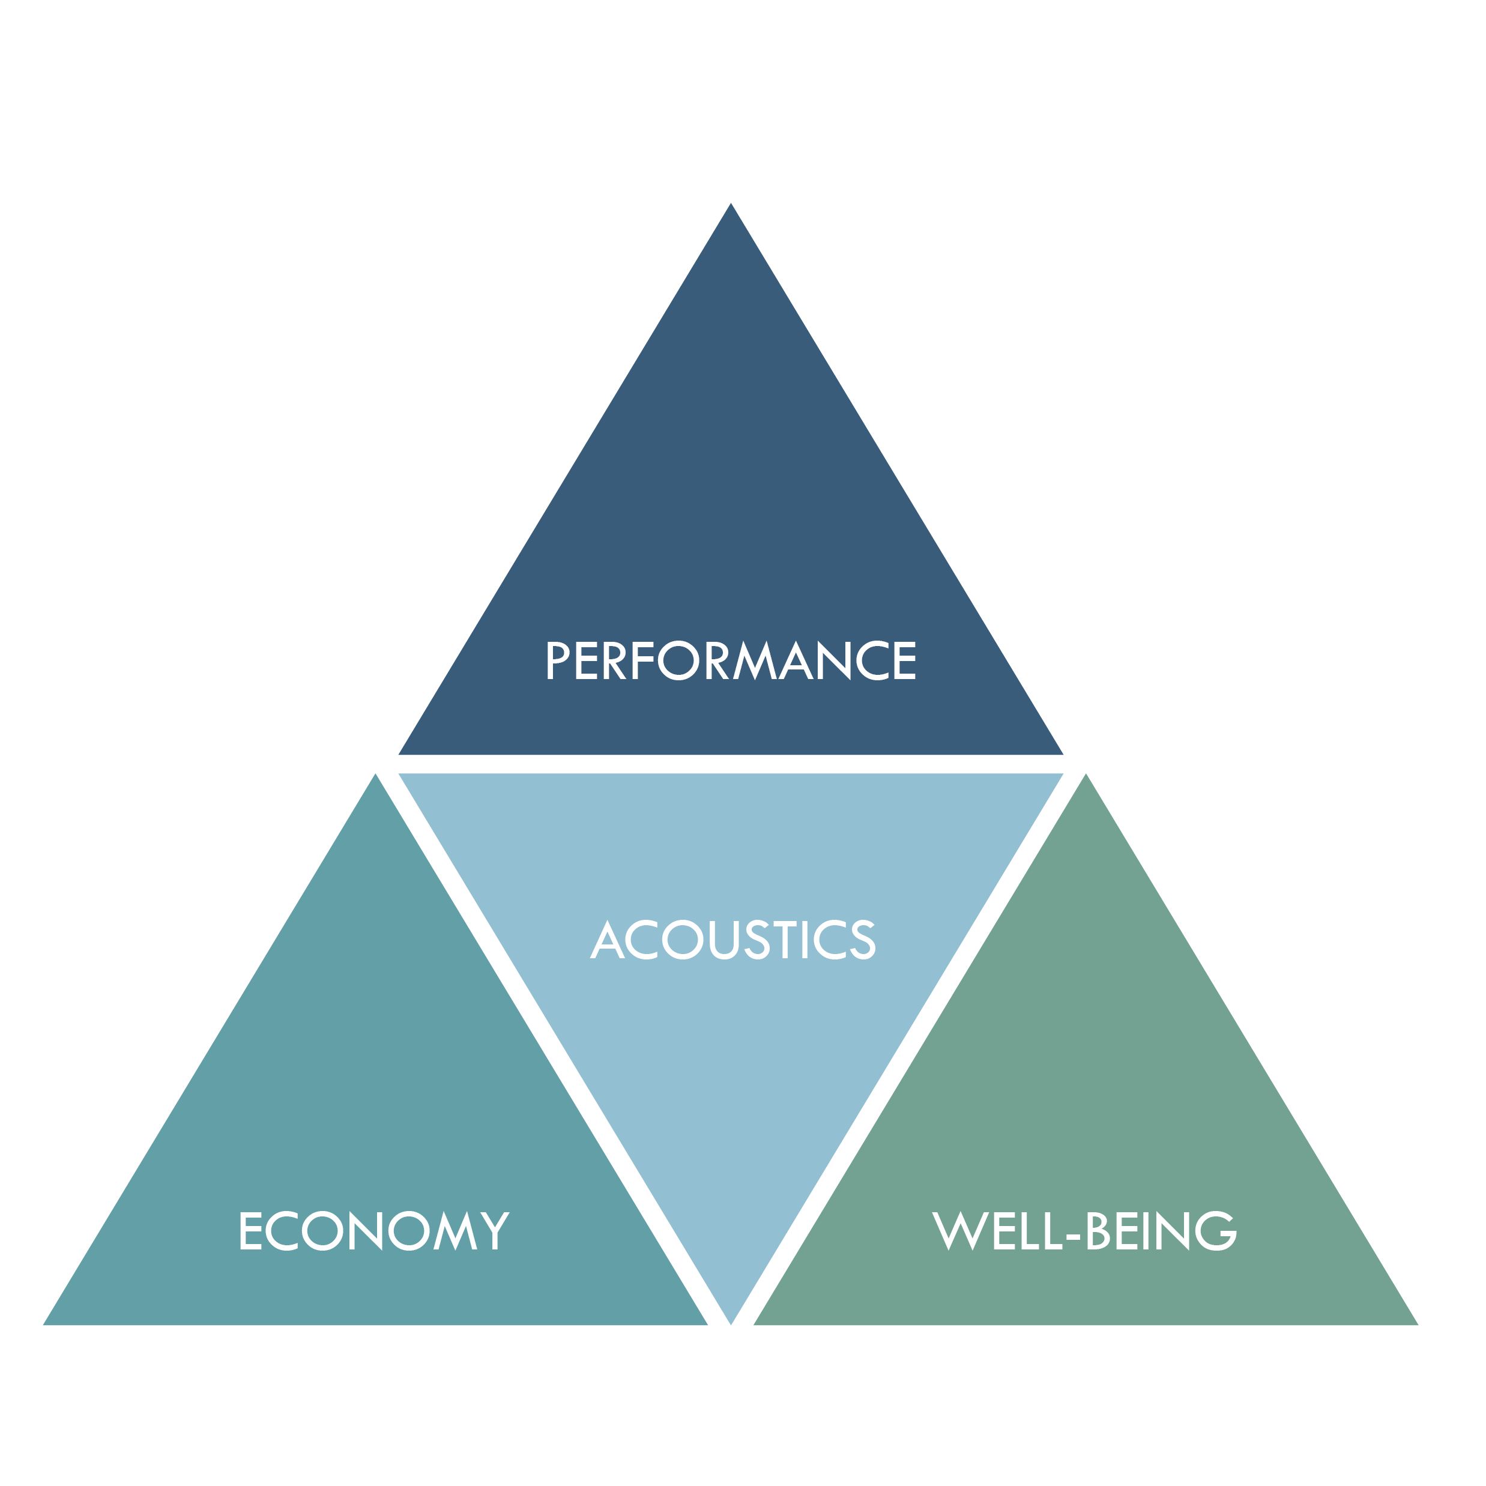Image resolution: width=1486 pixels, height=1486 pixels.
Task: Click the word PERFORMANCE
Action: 731,660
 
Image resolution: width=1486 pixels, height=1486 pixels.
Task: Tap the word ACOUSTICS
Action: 732,940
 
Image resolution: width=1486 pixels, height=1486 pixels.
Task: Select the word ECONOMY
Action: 374,1231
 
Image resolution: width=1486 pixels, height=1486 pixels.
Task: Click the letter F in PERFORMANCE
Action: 643,660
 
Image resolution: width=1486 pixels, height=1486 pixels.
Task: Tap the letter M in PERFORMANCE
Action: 755,660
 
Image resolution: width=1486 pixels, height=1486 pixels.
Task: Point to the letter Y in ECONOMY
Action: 495,1231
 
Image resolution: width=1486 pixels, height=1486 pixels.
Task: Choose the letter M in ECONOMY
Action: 455,1231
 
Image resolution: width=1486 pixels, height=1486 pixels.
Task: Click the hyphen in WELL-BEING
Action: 1074,1235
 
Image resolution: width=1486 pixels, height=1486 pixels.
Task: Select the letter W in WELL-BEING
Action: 960,1231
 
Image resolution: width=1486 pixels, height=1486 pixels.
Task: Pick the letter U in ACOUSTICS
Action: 725,940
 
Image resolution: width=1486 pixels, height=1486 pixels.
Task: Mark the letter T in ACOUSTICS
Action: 785,940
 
